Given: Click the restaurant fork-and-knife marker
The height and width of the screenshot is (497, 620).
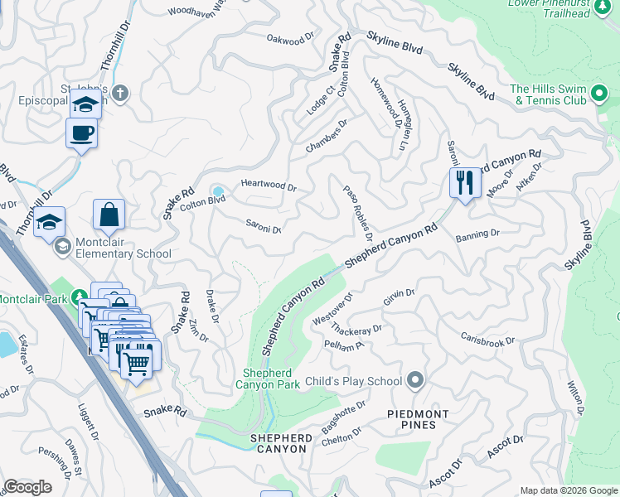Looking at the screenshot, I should [465, 181].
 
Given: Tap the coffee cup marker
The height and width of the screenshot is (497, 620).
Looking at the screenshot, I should [82, 133].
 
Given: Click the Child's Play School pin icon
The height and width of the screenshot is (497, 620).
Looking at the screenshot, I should [416, 381].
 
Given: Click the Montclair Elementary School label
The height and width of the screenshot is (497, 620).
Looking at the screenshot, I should [113, 254].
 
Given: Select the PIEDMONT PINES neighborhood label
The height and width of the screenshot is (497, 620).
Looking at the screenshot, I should [419, 419].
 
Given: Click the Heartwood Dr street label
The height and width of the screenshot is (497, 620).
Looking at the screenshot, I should [268, 186].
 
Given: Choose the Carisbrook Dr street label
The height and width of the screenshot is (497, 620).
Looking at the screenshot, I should [487, 340].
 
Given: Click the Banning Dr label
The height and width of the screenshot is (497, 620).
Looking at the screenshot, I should [477, 234].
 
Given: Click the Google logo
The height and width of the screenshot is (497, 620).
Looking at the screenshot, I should [27, 487].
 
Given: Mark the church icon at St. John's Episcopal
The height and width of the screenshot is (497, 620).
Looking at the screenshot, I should [120, 93].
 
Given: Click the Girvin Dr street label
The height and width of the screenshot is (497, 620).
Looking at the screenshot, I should [399, 297].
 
